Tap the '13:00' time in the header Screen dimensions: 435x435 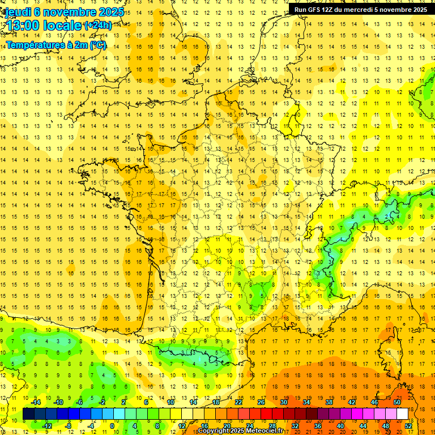point(24,25)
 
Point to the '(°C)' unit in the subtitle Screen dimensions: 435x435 point(97,45)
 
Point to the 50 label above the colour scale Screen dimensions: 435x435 point(396,403)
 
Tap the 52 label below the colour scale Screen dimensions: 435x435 point(408,425)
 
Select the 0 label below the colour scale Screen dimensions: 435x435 point(112,425)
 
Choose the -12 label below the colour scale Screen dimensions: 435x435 point(47,425)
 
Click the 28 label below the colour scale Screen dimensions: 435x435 point(272,425)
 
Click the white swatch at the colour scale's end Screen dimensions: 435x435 point(402,414)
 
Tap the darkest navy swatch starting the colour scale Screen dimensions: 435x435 point(28,414)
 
